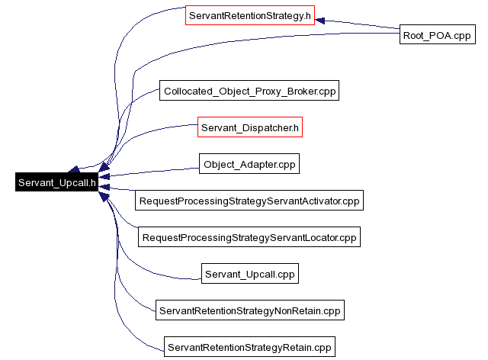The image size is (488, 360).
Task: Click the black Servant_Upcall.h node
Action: click(56, 182)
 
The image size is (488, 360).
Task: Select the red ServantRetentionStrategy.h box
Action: click(250, 15)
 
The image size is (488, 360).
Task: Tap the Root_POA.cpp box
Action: click(437, 34)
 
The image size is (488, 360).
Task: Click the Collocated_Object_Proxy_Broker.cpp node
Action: click(249, 91)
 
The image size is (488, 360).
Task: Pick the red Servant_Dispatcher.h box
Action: click(250, 127)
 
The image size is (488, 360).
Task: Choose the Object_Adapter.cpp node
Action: click(249, 163)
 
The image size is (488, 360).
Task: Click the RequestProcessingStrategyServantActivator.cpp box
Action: click(249, 201)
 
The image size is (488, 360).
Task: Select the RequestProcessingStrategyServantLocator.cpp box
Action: click(249, 237)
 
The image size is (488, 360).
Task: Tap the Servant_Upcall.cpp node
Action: click(250, 273)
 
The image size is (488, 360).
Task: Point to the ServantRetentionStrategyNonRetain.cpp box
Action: click(250, 310)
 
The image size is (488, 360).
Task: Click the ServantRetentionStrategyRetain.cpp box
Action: click(249, 346)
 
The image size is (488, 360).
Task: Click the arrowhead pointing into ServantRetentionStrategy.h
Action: click(320, 21)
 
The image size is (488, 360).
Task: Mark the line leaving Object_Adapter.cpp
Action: click(149, 172)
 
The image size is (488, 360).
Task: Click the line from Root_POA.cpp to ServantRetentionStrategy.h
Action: click(358, 24)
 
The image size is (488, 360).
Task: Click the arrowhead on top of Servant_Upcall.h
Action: click(74, 169)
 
